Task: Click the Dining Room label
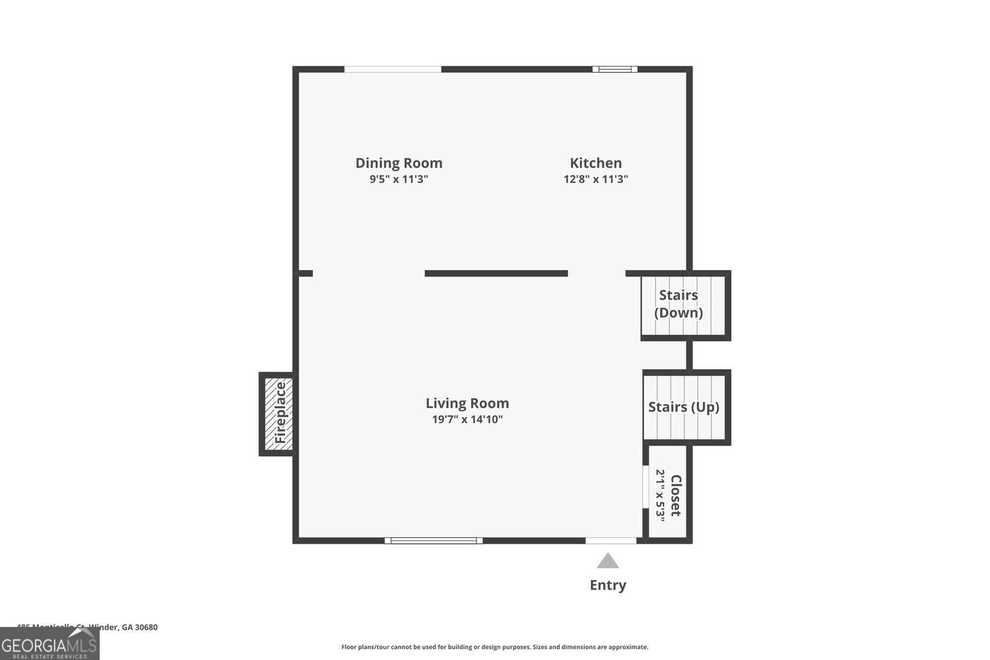pyautogui.click(x=399, y=163)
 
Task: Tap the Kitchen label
pyautogui.click(x=595, y=163)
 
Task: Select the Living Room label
pyautogui.click(x=467, y=403)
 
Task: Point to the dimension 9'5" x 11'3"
pyautogui.click(x=399, y=179)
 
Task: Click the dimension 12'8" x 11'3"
pyautogui.click(x=595, y=179)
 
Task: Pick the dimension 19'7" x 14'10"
pyautogui.click(x=467, y=419)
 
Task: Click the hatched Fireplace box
pyautogui.click(x=279, y=414)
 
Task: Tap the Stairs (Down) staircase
pyautogui.click(x=683, y=305)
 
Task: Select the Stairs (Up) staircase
pyautogui.click(x=684, y=407)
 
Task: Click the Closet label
pyautogui.click(x=676, y=495)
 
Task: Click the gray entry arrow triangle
pyautogui.click(x=608, y=561)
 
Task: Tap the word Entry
pyautogui.click(x=608, y=585)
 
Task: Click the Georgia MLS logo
pyautogui.click(x=49, y=643)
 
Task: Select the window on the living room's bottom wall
pyautogui.click(x=434, y=541)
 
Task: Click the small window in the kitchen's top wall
pyautogui.click(x=614, y=69)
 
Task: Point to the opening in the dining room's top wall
pyautogui.click(x=393, y=69)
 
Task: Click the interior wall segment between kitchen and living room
pyautogui.click(x=496, y=273)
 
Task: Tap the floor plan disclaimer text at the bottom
pyautogui.click(x=494, y=647)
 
